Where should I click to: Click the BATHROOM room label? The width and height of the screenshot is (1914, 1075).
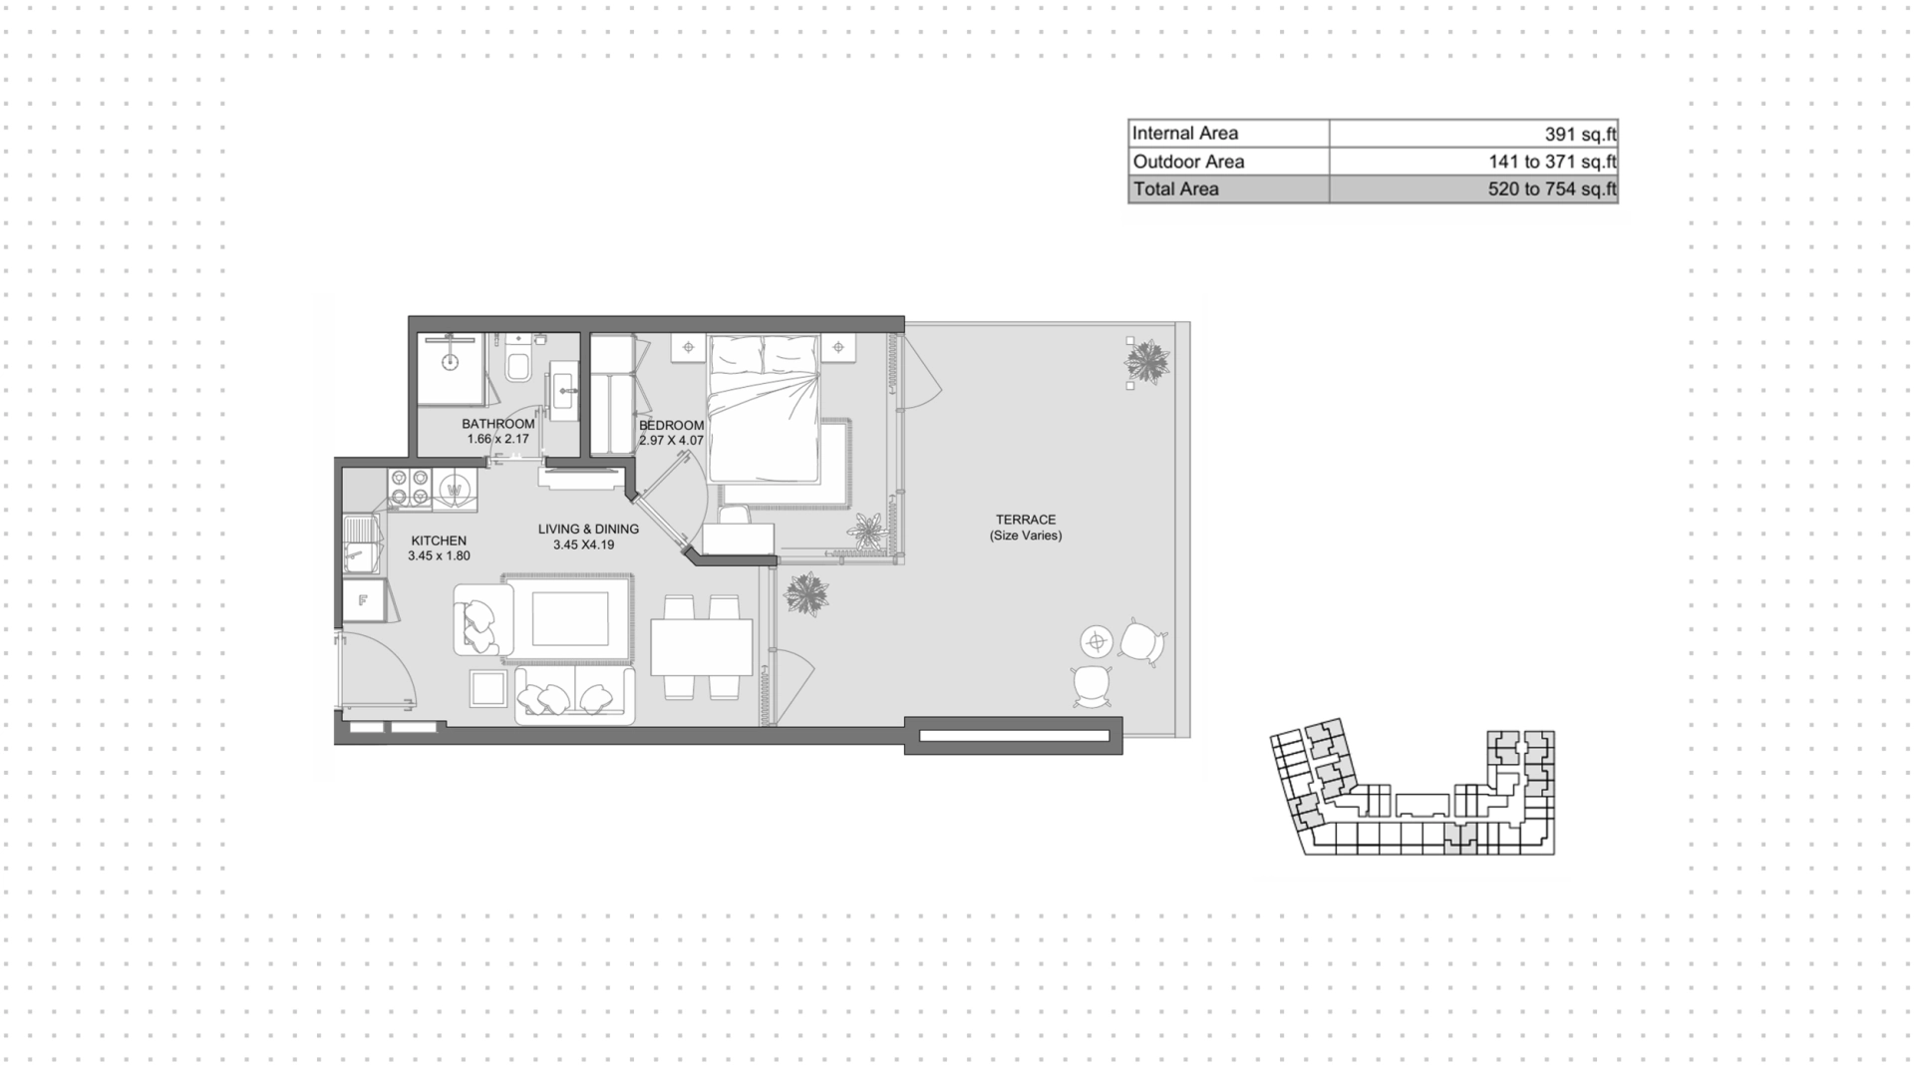[x=497, y=424]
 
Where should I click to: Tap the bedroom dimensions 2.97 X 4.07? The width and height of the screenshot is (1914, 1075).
[x=671, y=440]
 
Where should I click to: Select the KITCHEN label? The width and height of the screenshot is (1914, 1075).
[x=439, y=540]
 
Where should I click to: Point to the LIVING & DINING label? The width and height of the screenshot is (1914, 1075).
[x=588, y=530]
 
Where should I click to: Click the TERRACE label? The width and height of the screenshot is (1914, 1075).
[x=1026, y=520]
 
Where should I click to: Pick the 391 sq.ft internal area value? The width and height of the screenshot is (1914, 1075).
[x=1580, y=134]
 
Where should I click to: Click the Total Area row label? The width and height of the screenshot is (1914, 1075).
[x=1175, y=189]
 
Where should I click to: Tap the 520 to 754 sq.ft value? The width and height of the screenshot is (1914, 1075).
[x=1552, y=189]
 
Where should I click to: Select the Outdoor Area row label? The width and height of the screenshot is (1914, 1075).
[x=1188, y=162]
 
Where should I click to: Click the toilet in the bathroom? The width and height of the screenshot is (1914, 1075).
[x=518, y=359]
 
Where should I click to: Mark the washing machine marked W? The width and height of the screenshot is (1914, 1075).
[x=455, y=490]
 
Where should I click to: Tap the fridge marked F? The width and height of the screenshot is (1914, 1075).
[x=362, y=601]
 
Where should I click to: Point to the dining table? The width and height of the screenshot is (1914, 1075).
[x=702, y=647]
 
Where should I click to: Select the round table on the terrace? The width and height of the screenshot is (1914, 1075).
[x=1097, y=641]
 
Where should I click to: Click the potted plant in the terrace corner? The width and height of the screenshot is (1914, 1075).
[x=1147, y=361]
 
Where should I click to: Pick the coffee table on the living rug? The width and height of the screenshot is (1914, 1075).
[x=570, y=619]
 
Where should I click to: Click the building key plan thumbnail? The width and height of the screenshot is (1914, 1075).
[x=1413, y=788]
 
